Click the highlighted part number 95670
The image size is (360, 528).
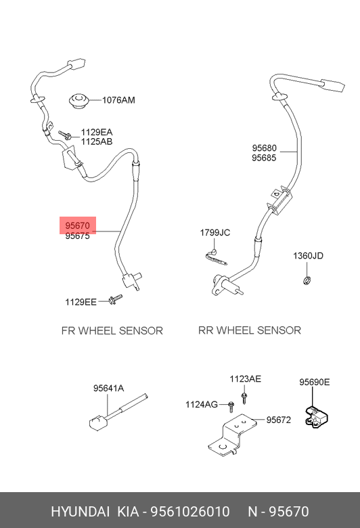(77, 225)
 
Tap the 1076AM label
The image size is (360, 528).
(118, 100)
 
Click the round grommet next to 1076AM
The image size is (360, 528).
(79, 100)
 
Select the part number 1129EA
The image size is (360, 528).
(97, 132)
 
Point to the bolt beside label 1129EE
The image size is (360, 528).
(116, 299)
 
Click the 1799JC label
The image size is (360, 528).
(215, 232)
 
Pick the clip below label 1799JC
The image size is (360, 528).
(215, 257)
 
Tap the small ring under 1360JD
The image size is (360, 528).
(307, 280)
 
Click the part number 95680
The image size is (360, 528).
(265, 148)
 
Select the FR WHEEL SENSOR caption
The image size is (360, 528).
(112, 330)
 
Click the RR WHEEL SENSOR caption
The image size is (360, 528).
(250, 330)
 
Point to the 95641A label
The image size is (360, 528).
(108, 389)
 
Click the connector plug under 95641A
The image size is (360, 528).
(98, 422)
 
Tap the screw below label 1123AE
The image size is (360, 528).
(244, 397)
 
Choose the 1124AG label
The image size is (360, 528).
(202, 404)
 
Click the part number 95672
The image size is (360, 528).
(279, 420)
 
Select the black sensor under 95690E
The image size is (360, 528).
(317, 417)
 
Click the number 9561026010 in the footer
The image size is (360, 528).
(190, 512)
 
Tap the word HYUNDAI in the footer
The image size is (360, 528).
(80, 512)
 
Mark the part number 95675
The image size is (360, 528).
(77, 236)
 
